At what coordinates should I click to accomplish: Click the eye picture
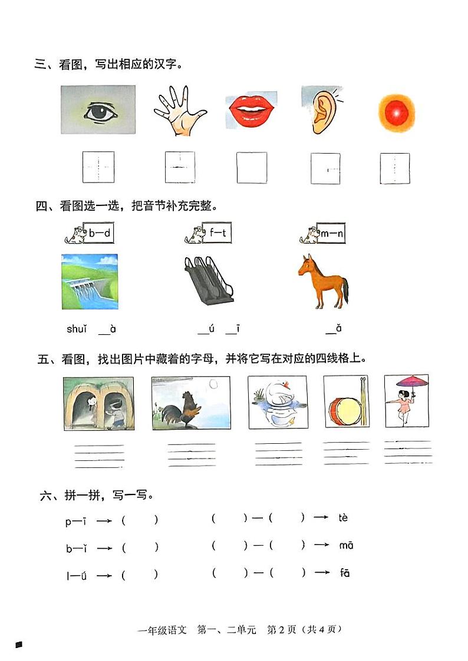tap(98, 110)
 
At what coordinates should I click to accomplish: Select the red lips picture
tap(249, 110)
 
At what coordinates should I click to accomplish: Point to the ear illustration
tap(322, 111)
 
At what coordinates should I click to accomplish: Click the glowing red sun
tap(396, 112)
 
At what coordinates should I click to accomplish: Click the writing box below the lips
tap(252, 168)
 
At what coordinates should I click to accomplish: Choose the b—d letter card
tap(99, 233)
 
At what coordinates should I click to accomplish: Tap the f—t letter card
tap(217, 233)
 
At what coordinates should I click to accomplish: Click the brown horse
tap(322, 281)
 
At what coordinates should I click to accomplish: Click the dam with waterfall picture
tap(90, 281)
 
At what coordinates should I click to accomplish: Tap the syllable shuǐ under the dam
tap(77, 329)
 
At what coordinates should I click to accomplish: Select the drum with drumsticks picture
tap(346, 403)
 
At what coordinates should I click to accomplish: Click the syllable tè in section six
tap(344, 518)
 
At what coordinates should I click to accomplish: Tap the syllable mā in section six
tap(346, 546)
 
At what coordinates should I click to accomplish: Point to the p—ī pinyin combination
tap(77, 520)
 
